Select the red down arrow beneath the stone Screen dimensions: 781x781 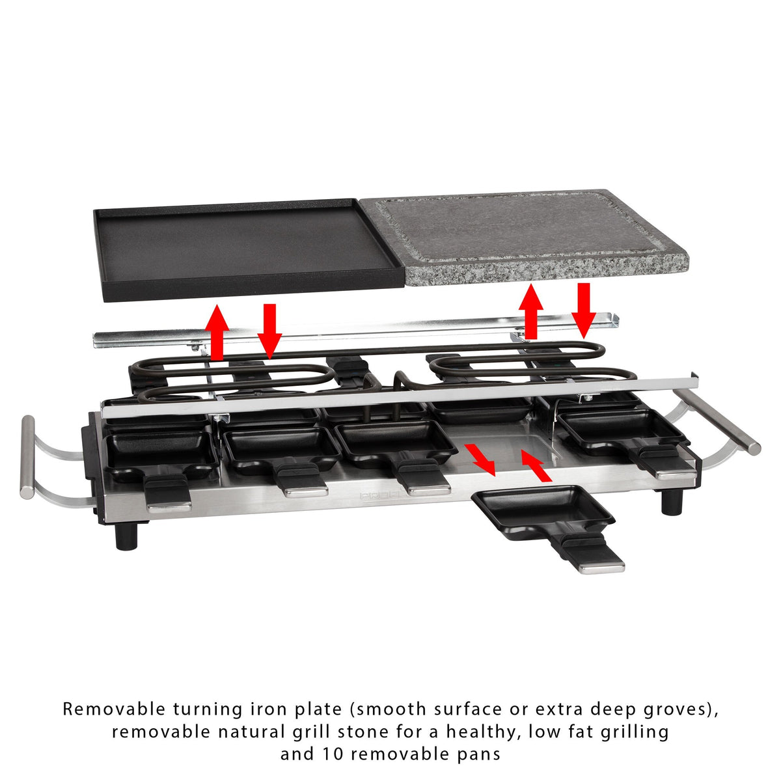point(584,310)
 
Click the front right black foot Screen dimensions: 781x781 point(672,502)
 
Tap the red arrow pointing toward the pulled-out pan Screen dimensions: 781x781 point(480,459)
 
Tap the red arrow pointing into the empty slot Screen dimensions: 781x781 point(536,466)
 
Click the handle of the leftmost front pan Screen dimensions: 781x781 point(167,493)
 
